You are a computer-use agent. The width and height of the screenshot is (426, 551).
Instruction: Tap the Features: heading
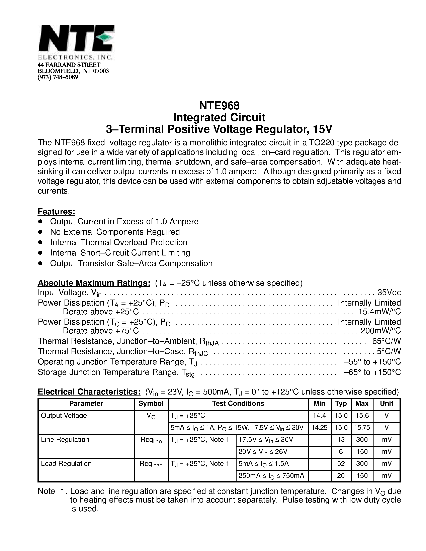click(57, 212)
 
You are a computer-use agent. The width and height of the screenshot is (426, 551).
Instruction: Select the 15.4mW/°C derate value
click(379, 312)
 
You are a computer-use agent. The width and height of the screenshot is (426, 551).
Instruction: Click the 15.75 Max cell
click(362, 428)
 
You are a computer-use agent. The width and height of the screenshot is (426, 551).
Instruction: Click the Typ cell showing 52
click(341, 464)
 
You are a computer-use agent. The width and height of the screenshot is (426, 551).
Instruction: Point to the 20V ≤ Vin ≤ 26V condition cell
click(263, 452)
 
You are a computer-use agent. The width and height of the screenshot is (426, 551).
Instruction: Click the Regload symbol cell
click(151, 464)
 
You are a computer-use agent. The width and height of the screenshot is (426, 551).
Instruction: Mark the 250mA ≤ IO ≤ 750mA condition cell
click(271, 476)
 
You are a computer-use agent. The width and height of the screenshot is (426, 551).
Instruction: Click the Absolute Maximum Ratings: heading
click(94, 283)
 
